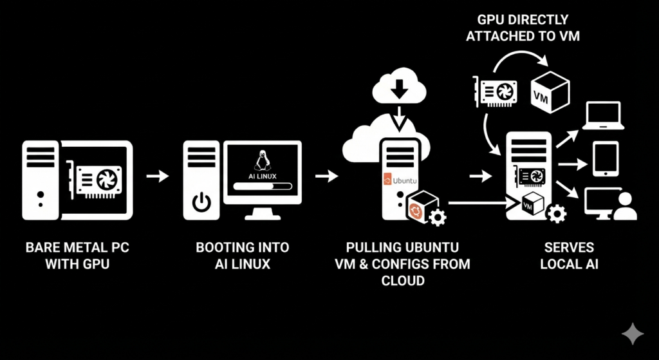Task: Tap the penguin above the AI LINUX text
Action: (262, 160)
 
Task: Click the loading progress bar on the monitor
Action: (263, 186)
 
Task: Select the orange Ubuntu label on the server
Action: (398, 180)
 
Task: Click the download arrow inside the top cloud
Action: (400, 88)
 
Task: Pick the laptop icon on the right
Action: (602, 116)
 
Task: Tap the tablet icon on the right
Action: (605, 159)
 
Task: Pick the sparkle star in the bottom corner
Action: (633, 333)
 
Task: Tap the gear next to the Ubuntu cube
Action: (437, 217)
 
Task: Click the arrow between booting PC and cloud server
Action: (327, 175)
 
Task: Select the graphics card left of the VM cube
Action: (496, 92)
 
